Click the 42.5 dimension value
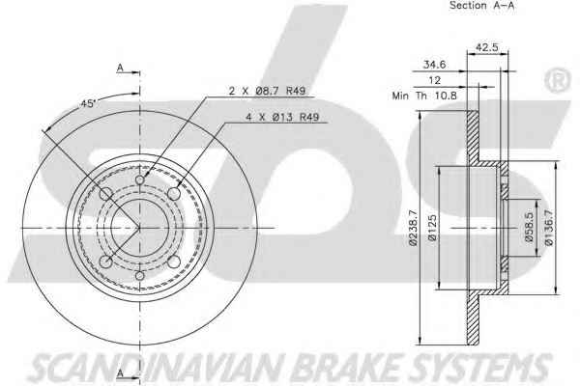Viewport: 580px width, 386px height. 487,47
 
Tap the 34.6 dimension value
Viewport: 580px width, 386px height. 434,65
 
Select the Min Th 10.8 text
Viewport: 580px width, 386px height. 424,96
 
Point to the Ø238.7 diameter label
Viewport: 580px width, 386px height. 413,228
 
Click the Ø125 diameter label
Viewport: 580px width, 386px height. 432,228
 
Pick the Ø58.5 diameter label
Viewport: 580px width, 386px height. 529,228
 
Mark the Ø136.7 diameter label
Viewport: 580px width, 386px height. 548,228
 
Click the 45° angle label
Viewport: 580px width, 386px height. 88,104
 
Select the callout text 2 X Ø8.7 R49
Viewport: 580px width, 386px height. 267,91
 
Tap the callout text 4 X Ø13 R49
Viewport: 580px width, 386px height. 282,118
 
